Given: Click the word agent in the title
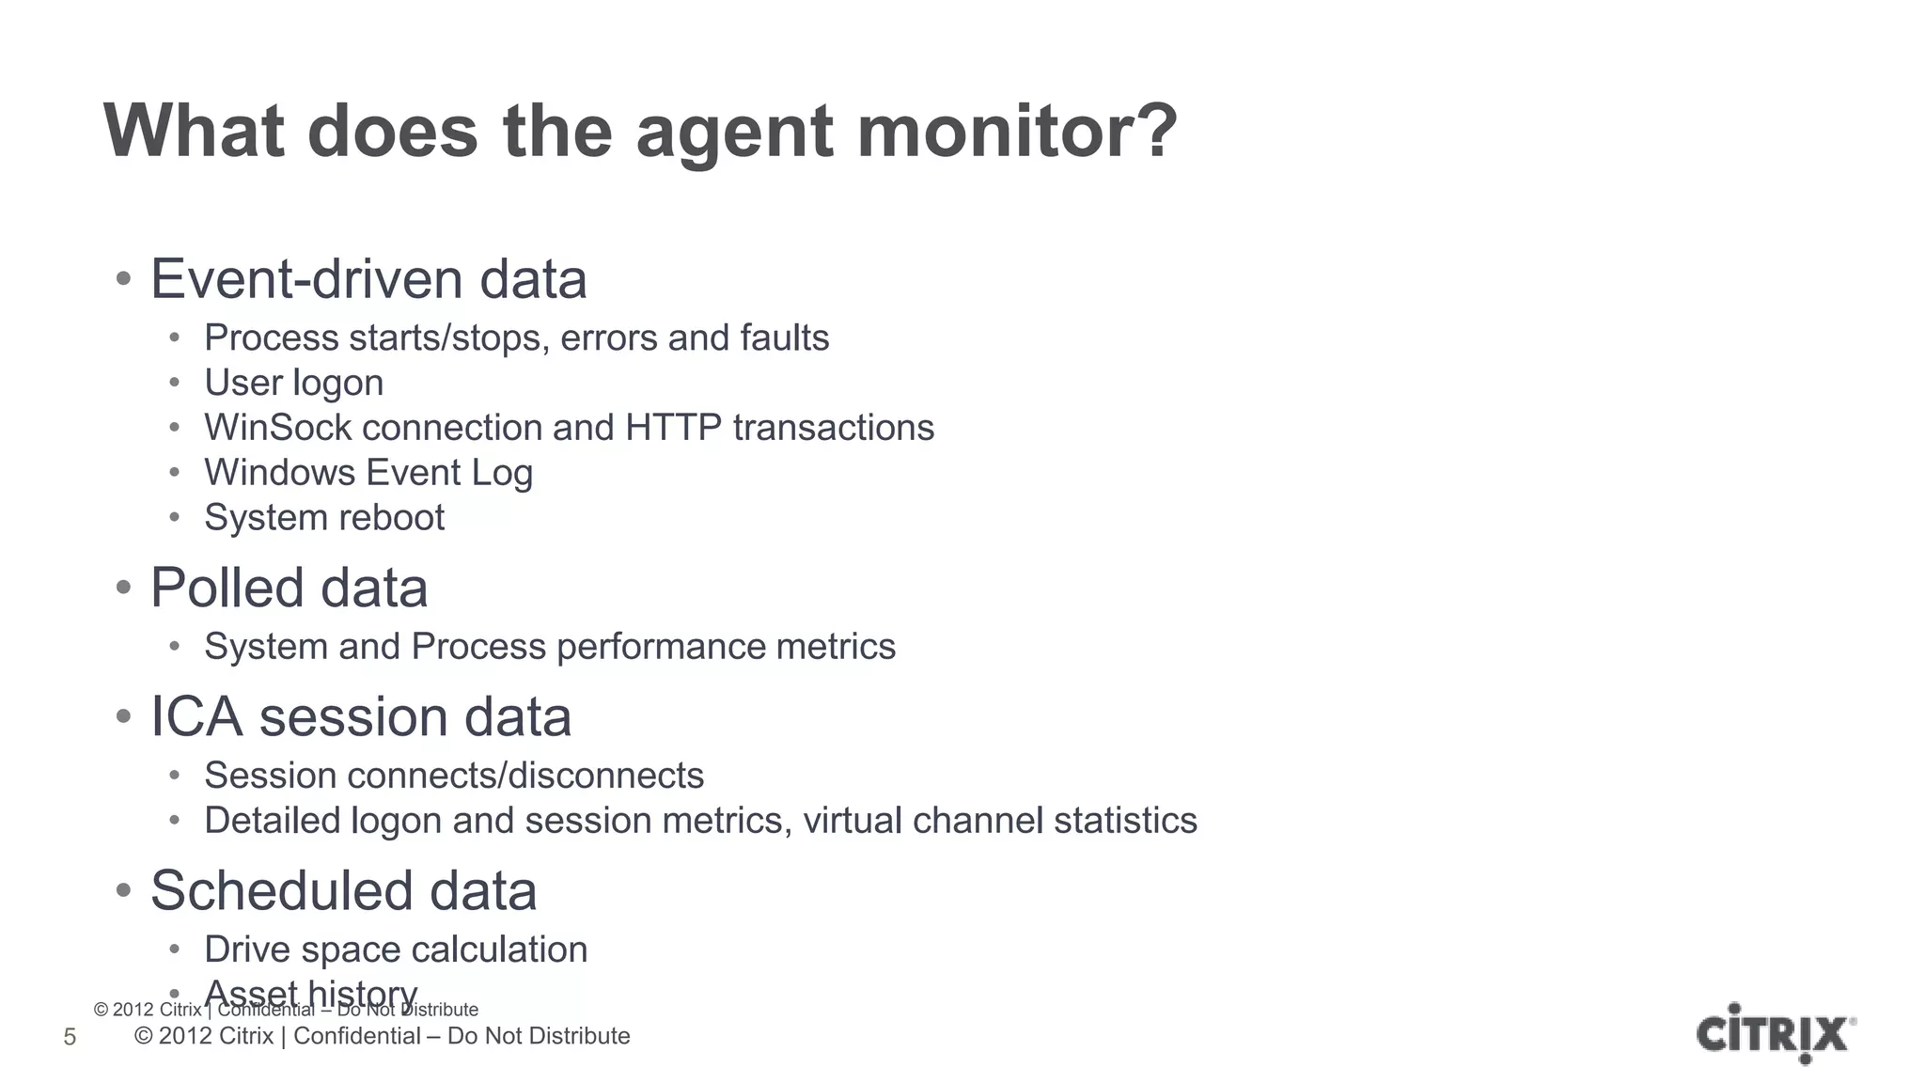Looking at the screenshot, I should click(x=733, y=133).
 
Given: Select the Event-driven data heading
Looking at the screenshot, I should click(x=368, y=279).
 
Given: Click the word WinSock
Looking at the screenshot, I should click(x=277, y=428).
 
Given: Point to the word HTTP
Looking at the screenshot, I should click(x=673, y=428).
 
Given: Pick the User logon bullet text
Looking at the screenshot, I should click(x=293, y=383).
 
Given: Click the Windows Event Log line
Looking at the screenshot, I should click(x=368, y=473).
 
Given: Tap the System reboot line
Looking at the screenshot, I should click(x=324, y=518).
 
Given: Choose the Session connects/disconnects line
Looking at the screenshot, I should click(x=454, y=776).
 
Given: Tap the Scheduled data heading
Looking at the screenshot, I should click(x=343, y=890).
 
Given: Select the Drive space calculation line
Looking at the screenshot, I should click(x=396, y=950).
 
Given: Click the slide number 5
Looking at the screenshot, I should click(x=70, y=1037).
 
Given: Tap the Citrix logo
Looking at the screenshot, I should click(x=1776, y=1033).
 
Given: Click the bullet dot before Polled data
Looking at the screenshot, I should click(x=123, y=589).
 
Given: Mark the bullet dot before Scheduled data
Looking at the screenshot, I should click(x=123, y=891).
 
